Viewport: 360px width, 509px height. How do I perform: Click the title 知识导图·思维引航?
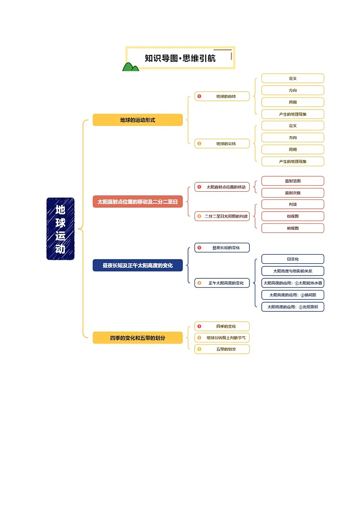(180, 58)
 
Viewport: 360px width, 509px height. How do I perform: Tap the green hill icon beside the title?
(131, 67)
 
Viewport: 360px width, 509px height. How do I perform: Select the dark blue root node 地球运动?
(60, 229)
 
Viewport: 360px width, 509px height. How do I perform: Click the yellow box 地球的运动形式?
(138, 120)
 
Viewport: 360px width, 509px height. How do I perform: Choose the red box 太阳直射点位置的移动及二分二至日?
(138, 202)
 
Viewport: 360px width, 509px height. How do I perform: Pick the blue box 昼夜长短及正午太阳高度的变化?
(138, 265)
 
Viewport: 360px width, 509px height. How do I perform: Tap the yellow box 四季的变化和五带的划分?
(138, 338)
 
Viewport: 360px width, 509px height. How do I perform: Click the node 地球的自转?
(222, 97)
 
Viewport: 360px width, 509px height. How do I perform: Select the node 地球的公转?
(222, 144)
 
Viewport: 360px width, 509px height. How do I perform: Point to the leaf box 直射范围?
(293, 181)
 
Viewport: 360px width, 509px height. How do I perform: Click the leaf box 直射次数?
(293, 193)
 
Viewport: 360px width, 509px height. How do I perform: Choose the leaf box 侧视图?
(293, 216)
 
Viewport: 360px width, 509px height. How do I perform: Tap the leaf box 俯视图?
(293, 228)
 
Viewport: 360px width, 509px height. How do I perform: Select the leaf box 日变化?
(293, 259)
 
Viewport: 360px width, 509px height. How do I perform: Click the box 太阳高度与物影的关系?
(293, 271)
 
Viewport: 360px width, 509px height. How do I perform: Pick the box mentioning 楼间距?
(293, 295)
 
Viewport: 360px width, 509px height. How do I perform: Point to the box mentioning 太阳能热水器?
(293, 283)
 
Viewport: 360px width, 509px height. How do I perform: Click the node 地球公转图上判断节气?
(222, 338)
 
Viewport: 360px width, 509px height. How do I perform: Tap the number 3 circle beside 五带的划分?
(199, 349)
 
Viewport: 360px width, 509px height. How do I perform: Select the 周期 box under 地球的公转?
(293, 149)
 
